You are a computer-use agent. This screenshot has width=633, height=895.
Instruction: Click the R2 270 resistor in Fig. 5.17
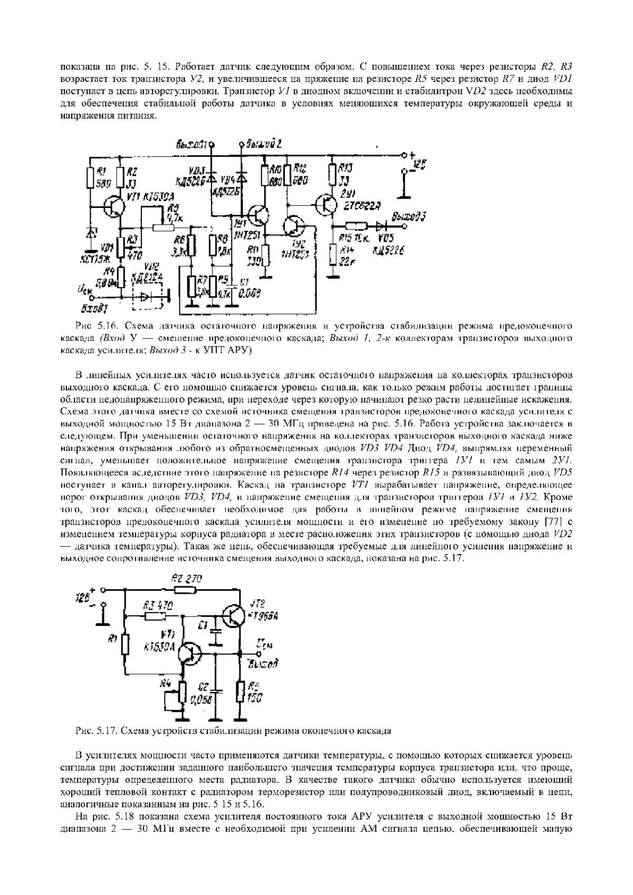coord(183,589)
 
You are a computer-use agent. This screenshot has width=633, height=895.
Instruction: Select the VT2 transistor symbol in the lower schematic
coord(233,615)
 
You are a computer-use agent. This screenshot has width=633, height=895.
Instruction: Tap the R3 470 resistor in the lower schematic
coord(154,616)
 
